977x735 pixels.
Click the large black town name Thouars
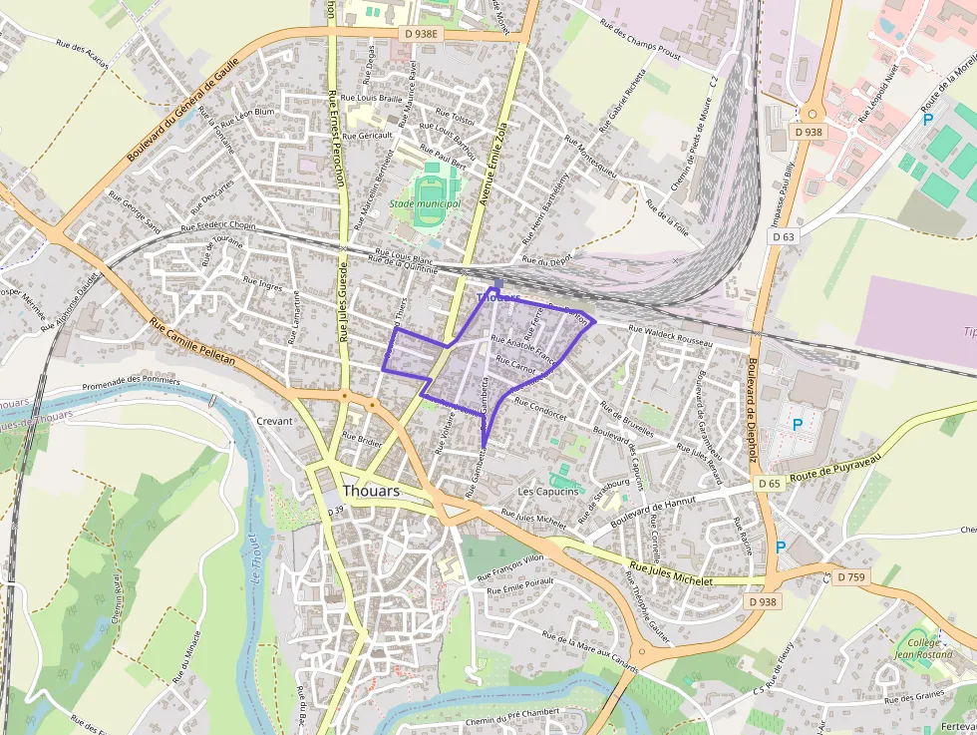[370, 492]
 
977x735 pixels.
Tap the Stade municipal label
[425, 203]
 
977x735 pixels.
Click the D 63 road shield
[784, 236]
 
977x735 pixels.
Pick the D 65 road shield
[768, 484]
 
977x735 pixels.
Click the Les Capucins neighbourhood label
[547, 492]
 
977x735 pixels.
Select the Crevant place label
[274, 421]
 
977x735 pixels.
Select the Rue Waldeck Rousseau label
[671, 336]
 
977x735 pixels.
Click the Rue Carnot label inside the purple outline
[516, 365]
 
